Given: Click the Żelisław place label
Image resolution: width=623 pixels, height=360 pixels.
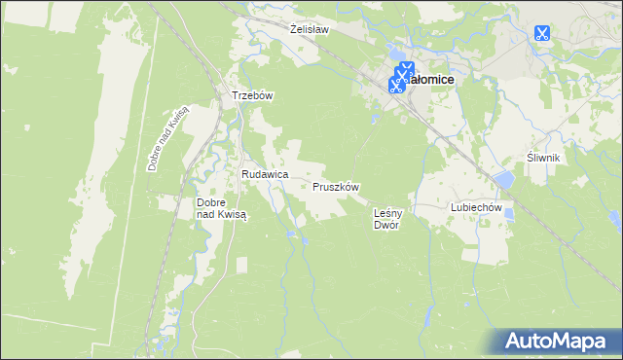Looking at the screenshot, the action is [x=310, y=30].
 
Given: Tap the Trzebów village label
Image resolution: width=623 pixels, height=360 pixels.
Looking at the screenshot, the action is [x=250, y=96].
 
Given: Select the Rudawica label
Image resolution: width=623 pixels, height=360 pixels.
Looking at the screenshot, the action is [x=265, y=174].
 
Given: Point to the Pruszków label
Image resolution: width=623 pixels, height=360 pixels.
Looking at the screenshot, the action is [x=337, y=187].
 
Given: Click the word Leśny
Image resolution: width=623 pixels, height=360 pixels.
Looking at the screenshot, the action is [x=388, y=211].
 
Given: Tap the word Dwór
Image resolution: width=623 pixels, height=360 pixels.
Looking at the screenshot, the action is [x=387, y=225].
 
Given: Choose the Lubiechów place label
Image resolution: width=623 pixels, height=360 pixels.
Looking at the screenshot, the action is [x=475, y=207].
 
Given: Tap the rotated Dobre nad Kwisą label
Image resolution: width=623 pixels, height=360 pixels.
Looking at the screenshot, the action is [x=167, y=138].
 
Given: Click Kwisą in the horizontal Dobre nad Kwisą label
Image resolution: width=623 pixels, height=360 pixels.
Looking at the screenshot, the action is [x=233, y=215].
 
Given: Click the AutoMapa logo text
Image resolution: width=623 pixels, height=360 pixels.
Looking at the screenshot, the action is [x=566, y=342].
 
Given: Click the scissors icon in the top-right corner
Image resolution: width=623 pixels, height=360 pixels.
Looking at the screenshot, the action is [x=542, y=33].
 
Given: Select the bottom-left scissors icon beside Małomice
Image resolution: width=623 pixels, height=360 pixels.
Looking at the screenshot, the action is [x=396, y=85].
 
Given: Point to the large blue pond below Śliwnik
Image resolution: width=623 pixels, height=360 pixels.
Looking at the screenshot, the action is [x=504, y=180].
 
